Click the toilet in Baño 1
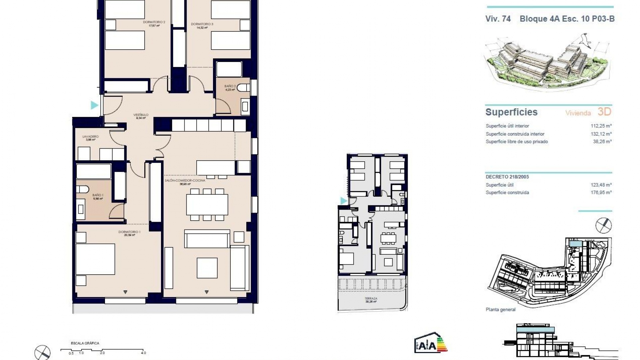82,189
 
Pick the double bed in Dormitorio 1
95,259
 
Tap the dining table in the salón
207,204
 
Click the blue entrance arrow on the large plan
94,105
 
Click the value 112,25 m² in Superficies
601,126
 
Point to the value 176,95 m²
601,192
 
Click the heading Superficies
511,112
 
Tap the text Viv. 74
498,19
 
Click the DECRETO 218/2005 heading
507,177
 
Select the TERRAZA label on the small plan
371,299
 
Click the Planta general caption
500,310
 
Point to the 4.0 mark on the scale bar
143,353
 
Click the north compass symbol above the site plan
603,226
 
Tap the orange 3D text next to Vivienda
604,112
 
